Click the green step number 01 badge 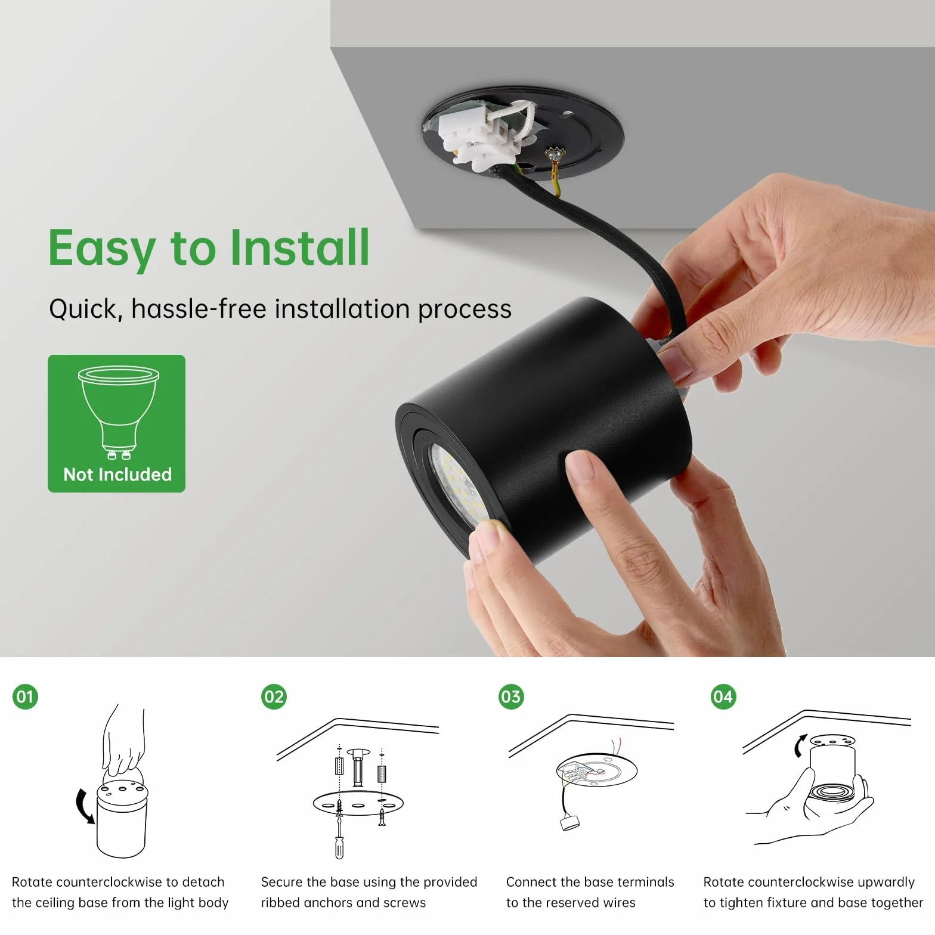click(x=25, y=696)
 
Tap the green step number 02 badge click(x=274, y=696)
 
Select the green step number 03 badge click(x=511, y=696)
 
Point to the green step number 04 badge click(x=723, y=696)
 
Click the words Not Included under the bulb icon click(x=117, y=475)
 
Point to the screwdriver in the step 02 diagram click(x=339, y=835)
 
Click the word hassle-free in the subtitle click(x=199, y=309)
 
